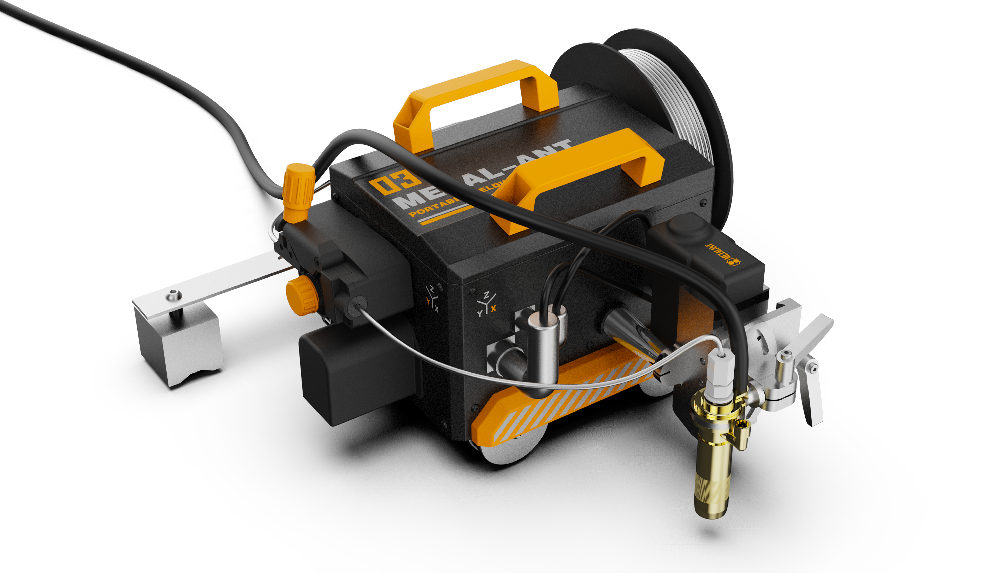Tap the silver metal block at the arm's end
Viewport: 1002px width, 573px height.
(179, 346)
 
